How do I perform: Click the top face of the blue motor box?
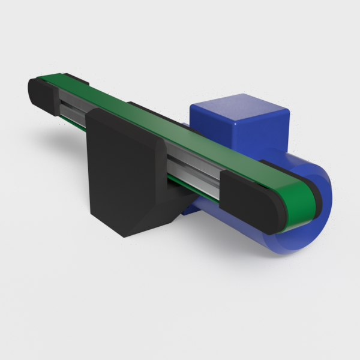click(240, 108)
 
